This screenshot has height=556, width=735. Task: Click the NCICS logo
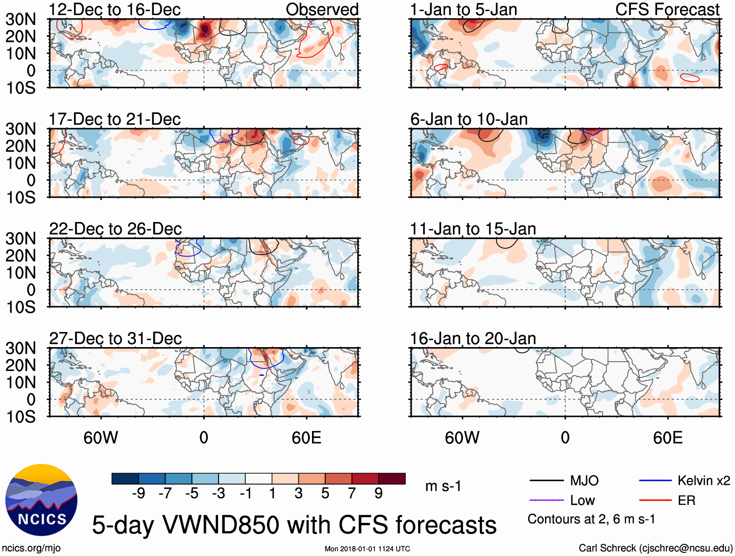[x=41, y=500]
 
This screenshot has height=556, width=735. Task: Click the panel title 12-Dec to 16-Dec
[x=115, y=9]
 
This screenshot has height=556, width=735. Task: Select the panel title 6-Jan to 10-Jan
[x=469, y=119]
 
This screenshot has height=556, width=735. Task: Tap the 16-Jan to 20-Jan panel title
[x=473, y=338]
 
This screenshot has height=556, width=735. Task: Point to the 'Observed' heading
[x=322, y=9]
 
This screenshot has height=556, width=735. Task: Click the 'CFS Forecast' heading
[x=667, y=9]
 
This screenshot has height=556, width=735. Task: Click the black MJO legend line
[x=546, y=481]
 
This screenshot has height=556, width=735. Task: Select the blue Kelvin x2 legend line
[x=655, y=481]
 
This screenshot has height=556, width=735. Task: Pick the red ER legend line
[x=655, y=500]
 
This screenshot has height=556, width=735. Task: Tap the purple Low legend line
[x=546, y=500]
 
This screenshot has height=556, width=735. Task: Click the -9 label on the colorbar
[x=138, y=494]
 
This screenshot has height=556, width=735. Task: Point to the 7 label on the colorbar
[x=352, y=494]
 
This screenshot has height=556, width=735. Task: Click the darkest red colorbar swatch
[x=392, y=479]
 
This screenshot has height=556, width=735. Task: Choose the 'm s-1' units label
[x=443, y=486]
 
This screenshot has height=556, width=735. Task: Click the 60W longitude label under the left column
[x=101, y=438]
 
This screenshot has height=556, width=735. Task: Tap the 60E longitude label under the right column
[x=668, y=438]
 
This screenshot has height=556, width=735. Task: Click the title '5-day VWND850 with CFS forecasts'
[x=294, y=525]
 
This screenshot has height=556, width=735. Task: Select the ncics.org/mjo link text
[x=32, y=548]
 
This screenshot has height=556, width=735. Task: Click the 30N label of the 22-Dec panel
[x=20, y=239]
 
